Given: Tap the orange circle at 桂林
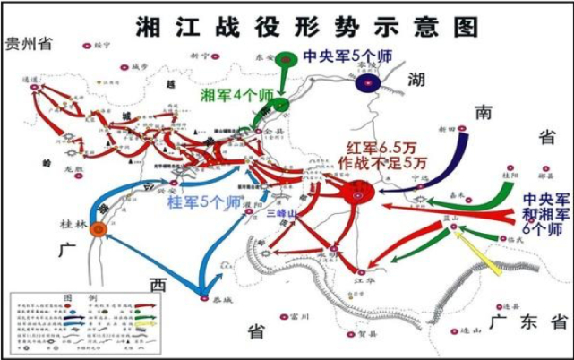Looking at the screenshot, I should (99, 228).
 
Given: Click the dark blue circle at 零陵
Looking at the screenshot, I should (367, 83).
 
